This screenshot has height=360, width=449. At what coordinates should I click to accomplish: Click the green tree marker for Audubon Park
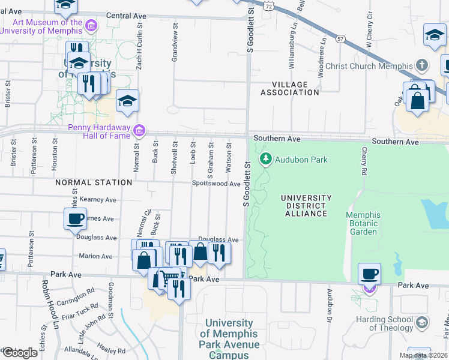coord(266,159)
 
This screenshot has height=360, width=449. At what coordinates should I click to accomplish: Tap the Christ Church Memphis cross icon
coord(422,65)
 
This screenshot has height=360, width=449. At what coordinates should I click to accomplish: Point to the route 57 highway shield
coord(340,39)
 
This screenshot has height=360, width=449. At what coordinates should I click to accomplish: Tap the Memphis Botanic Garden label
coord(363,223)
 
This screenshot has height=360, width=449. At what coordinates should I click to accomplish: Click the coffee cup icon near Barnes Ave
coord(76,218)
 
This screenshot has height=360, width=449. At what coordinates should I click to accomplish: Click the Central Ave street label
coord(126,16)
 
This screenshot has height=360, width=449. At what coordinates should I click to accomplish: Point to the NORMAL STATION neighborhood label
coord(94,182)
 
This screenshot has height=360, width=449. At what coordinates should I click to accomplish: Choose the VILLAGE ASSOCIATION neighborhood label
coord(289,88)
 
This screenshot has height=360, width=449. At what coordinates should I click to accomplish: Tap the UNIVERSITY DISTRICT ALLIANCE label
coord(306,205)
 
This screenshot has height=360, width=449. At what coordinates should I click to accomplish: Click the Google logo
coord(19,352)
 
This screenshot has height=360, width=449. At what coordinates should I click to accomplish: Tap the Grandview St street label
coord(175,43)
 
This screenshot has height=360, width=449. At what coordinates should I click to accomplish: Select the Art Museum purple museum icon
coord(91,25)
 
